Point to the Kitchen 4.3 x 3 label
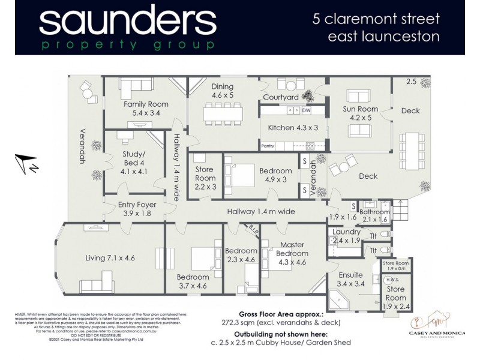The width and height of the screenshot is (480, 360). pos(293,128)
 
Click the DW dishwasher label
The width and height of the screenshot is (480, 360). pos(306,111)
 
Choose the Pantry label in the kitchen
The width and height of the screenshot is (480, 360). pos(268,146)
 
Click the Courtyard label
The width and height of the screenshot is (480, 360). pos(281,97)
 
